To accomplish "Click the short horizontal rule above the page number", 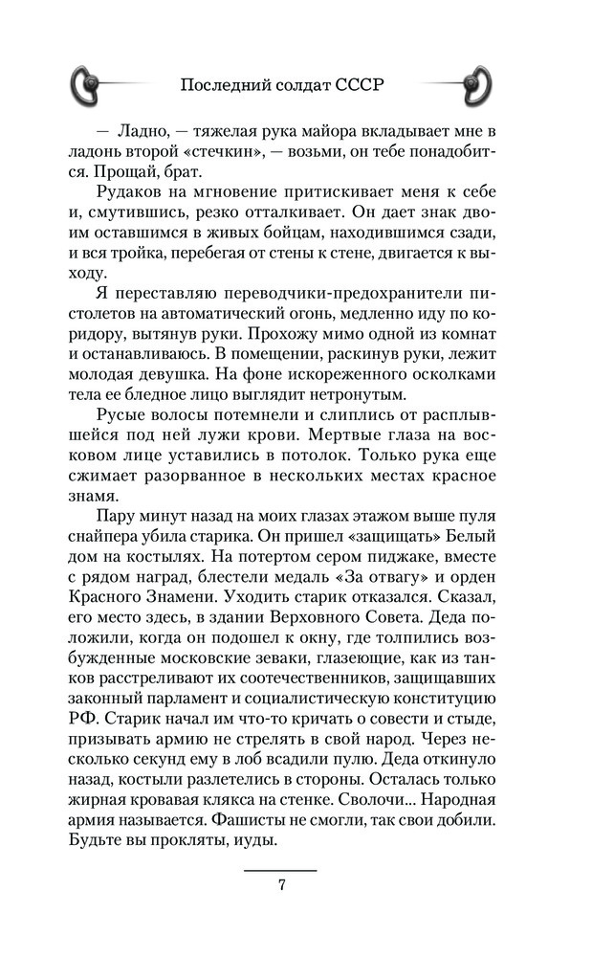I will pos(281,870).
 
